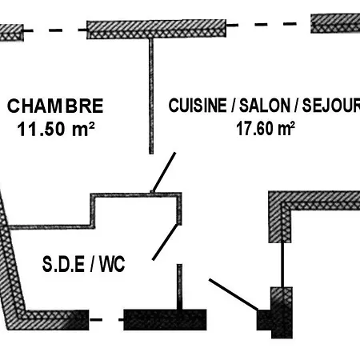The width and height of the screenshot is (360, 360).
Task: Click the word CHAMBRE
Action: pyautogui.click(x=55, y=106)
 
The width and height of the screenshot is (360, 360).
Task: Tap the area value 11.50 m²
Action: pyautogui.click(x=56, y=129)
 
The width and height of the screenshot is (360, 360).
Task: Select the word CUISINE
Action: pyautogui.click(x=198, y=106)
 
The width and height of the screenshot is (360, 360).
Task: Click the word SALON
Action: pyautogui.click(x=264, y=106)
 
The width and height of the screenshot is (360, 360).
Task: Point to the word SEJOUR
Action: pyautogui.click(x=330, y=105)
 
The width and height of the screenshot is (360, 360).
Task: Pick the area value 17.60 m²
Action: pyautogui.click(x=266, y=129)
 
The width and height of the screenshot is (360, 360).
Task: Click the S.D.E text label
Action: pyautogui.click(x=63, y=264)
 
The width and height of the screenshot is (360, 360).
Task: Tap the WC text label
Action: pyautogui.click(x=112, y=264)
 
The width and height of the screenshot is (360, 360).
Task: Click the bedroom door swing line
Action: pyautogui.click(x=164, y=172)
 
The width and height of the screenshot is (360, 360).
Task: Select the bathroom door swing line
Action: pyautogui.click(x=165, y=242)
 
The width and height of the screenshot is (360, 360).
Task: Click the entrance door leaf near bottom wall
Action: pyautogui.click(x=234, y=294)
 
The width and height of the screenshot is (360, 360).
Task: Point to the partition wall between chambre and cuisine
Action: pyautogui.click(x=151, y=96)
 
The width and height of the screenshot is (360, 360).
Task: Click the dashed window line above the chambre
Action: pyautogui.click(x=55, y=30)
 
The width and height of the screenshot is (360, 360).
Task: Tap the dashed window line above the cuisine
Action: pyautogui.click(x=269, y=25)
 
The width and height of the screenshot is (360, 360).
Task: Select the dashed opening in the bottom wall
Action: pyautogui.click(x=106, y=319)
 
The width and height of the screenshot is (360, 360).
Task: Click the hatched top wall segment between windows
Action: pyautogui.click(x=157, y=29)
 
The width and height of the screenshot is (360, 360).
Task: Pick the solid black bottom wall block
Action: pyautogui.click(x=165, y=320)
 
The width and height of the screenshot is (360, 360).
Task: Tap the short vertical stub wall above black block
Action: pyautogui.click(x=180, y=287)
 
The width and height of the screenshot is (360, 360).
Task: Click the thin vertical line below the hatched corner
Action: pyautogui.click(x=282, y=265)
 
